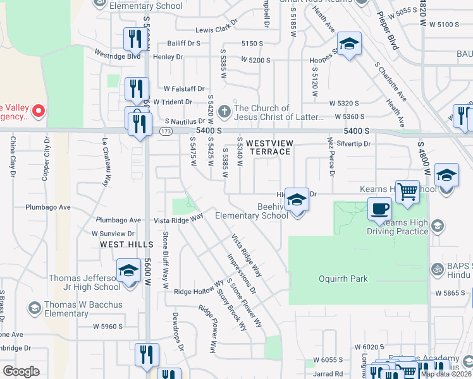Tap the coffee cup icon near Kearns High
pyautogui.click(x=379, y=208)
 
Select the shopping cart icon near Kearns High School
pyautogui.click(x=408, y=191)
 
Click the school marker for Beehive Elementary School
pyautogui.click(x=296, y=201)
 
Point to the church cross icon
pyautogui.click(x=224, y=112)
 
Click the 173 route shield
pyautogui.click(x=166, y=131)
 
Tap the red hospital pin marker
pyautogui.click(x=38, y=112)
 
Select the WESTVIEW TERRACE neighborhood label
pyautogui.click(x=268, y=147)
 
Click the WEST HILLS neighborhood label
pyautogui.click(x=126, y=244)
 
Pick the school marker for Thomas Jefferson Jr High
pyautogui.click(x=128, y=272)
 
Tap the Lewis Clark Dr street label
pyautogui.click(x=216, y=30)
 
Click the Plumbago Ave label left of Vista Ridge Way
pyautogui.click(x=118, y=220)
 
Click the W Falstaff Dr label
pyautogui.click(x=184, y=89)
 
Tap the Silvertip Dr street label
pyautogui.click(x=354, y=144)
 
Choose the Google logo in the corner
pyautogui.click(x=21, y=371)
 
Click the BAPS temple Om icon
pyautogui.click(x=436, y=270)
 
